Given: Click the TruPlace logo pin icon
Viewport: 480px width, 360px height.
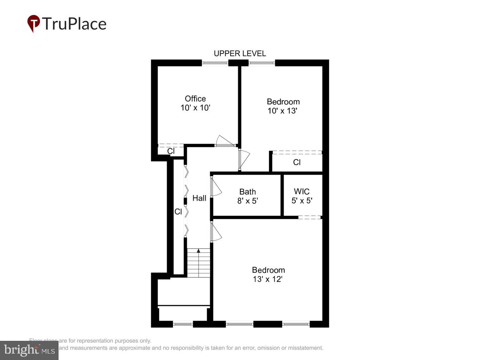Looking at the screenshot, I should pyautogui.click(x=33, y=23).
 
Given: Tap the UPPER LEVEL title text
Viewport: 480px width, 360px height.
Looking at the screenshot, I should pyautogui.click(x=240, y=53).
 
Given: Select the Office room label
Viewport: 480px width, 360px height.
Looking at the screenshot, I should pyautogui.click(x=195, y=99).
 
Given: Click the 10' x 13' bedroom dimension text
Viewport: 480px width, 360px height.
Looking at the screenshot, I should pyautogui.click(x=283, y=111).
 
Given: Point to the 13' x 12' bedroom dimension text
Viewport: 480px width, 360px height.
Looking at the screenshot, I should pyautogui.click(x=268, y=279).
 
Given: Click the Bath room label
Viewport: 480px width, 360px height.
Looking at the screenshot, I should pyautogui.click(x=247, y=192).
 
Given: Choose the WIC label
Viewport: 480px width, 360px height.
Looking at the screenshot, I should pyautogui.click(x=301, y=191).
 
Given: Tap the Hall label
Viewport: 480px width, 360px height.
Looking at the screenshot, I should pyautogui.click(x=199, y=198).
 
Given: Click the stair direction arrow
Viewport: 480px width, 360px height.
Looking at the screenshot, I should pyautogui.click(x=198, y=251).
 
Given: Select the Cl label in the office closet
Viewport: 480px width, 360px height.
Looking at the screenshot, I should pyautogui.click(x=171, y=151).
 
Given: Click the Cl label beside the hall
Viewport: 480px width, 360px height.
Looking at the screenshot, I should pyautogui.click(x=178, y=212).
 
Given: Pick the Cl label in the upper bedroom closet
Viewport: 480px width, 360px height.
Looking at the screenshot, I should pyautogui.click(x=297, y=162).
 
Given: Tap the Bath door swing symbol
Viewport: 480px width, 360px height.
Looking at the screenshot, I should pyautogui.click(x=216, y=187).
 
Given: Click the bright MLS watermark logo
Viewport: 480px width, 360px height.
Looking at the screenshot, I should pyautogui.click(x=29, y=350).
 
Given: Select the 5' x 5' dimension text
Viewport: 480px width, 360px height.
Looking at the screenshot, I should pyautogui.click(x=302, y=201).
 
